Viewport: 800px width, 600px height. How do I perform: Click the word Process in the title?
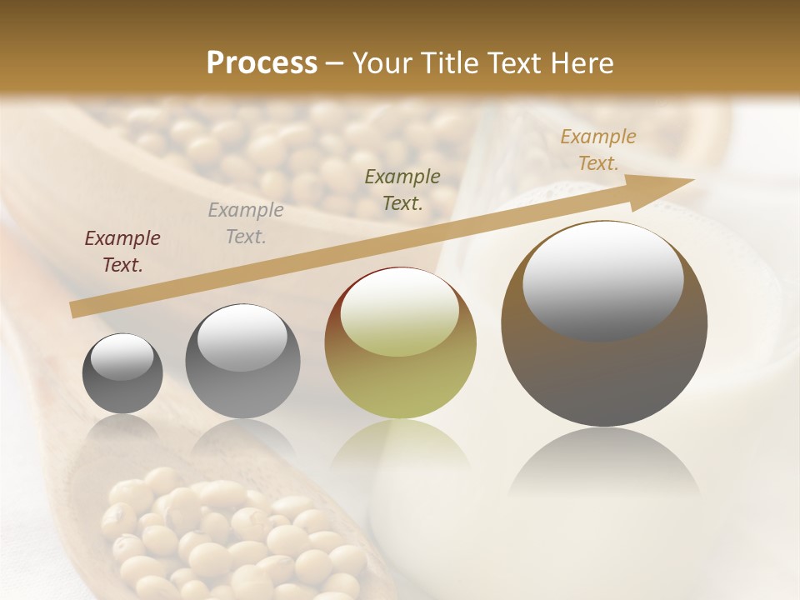pos(262,63)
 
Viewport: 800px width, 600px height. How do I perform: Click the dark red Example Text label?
pos(122,252)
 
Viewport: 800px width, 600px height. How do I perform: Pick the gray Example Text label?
pos(245,223)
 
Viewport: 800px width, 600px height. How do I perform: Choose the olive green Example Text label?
pos(402,189)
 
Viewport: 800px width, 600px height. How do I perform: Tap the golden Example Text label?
pos(597,150)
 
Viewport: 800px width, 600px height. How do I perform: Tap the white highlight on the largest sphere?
pos(602,279)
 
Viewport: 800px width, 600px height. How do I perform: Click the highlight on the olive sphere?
pos(399,310)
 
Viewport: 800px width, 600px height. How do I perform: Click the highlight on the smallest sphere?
pos(122,357)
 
